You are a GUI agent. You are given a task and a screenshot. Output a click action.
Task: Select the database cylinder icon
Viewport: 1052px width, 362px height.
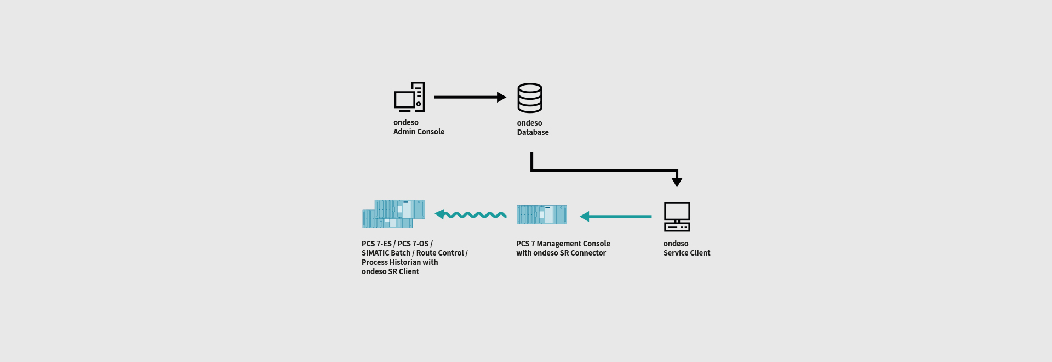tap(530, 98)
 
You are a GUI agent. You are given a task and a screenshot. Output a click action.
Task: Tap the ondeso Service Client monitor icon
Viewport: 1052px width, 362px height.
tap(677, 216)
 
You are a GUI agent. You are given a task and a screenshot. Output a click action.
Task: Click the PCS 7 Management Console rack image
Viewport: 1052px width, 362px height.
tap(541, 214)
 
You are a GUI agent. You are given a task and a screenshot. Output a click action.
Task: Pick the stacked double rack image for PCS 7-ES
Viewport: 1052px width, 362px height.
tap(393, 214)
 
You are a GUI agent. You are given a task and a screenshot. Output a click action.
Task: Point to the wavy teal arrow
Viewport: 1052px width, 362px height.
tap(471, 214)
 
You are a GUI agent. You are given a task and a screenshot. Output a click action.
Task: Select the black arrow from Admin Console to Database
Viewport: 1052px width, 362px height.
tap(470, 97)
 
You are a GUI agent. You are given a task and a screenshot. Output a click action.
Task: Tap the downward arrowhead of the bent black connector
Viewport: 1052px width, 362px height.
tap(677, 181)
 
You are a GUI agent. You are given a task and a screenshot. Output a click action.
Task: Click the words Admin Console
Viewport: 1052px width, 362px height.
tap(419, 132)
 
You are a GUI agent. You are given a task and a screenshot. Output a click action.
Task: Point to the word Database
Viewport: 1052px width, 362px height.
tap(533, 133)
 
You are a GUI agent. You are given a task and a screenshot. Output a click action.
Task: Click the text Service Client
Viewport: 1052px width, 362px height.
tap(687, 253)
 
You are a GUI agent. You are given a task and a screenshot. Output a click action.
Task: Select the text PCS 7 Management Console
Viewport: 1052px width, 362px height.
tap(563, 244)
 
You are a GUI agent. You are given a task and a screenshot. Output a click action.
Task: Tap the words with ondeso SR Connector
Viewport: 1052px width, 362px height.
tap(561, 253)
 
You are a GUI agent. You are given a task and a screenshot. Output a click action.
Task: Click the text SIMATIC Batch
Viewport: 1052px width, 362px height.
tap(386, 253)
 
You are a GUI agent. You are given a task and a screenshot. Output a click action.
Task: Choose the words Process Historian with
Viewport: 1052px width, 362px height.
tap(399, 263)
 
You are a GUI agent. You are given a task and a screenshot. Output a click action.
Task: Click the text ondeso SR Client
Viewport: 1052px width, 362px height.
tap(390, 272)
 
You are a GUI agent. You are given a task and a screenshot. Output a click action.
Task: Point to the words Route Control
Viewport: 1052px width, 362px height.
tap(440, 253)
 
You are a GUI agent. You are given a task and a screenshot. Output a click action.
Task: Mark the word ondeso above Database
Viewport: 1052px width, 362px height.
tap(529, 123)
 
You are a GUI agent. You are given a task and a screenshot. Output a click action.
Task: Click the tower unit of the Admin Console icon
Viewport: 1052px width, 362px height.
tap(419, 97)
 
